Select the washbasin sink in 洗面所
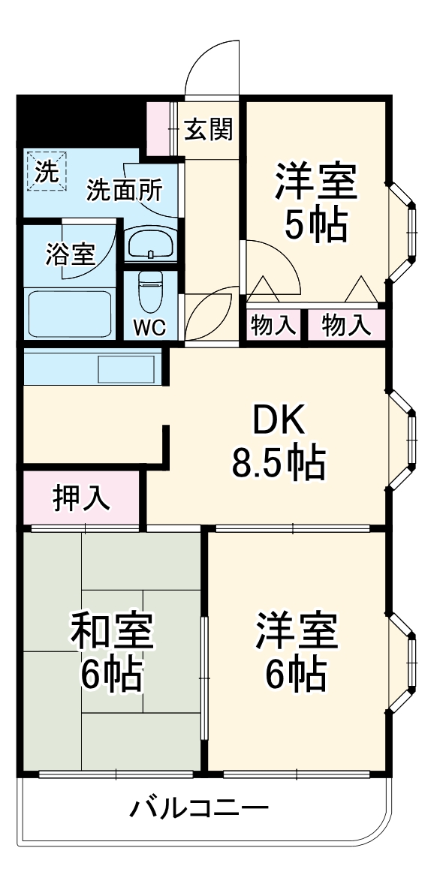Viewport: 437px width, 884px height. (x=151, y=243)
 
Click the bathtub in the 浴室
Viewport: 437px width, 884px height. (x=70, y=314)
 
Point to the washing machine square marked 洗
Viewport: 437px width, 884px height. (x=47, y=172)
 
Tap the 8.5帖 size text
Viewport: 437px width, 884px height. (x=279, y=463)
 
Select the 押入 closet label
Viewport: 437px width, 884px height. (x=81, y=498)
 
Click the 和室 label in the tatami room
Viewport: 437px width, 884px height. (x=112, y=630)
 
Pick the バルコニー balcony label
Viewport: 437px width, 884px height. (x=200, y=809)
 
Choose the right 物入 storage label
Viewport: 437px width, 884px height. (x=346, y=326)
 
